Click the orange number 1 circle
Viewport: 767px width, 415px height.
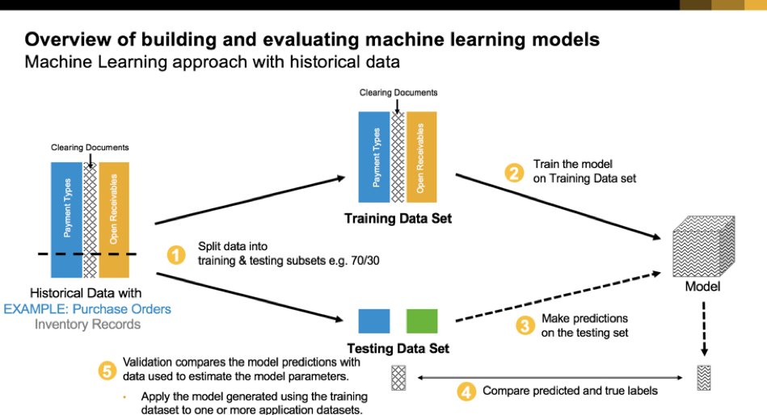(176, 255)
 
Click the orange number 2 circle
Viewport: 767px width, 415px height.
(513, 172)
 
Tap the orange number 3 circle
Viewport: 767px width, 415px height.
(525, 325)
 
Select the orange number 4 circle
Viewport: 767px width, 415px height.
(466, 392)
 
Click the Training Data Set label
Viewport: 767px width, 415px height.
(398, 218)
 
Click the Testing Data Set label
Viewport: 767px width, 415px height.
(398, 349)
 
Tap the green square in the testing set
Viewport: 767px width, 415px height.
(422, 321)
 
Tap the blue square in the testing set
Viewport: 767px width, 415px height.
(374, 321)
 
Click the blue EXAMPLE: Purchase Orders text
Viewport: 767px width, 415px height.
(87, 309)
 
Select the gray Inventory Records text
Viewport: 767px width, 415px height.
(87, 325)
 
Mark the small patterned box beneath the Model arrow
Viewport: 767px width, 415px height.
(703, 378)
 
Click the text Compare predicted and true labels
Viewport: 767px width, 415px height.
(570, 391)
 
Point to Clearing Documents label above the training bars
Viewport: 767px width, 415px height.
(398, 94)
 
